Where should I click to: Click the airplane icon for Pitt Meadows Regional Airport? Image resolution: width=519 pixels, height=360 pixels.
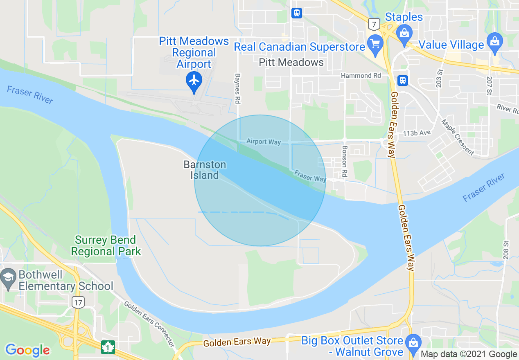click(194, 80)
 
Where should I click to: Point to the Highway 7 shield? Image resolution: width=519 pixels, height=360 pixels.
click(373, 25)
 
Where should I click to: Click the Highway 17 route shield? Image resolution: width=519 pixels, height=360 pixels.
click(77, 302)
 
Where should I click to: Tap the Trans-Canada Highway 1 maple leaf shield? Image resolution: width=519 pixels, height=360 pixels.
click(108, 347)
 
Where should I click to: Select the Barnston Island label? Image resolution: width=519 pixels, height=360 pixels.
click(205, 170)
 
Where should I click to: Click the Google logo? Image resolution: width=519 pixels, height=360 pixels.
click(27, 350)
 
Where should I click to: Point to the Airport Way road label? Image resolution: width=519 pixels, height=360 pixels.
click(264, 142)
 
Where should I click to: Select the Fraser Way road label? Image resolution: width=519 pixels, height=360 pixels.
click(310, 176)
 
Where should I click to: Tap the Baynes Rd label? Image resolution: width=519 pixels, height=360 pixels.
click(237, 89)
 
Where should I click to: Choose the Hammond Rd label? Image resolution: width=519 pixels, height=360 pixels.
click(361, 76)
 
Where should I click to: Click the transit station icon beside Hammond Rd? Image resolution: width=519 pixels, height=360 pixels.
click(403, 80)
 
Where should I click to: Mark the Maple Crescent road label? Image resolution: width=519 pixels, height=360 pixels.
click(457, 137)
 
